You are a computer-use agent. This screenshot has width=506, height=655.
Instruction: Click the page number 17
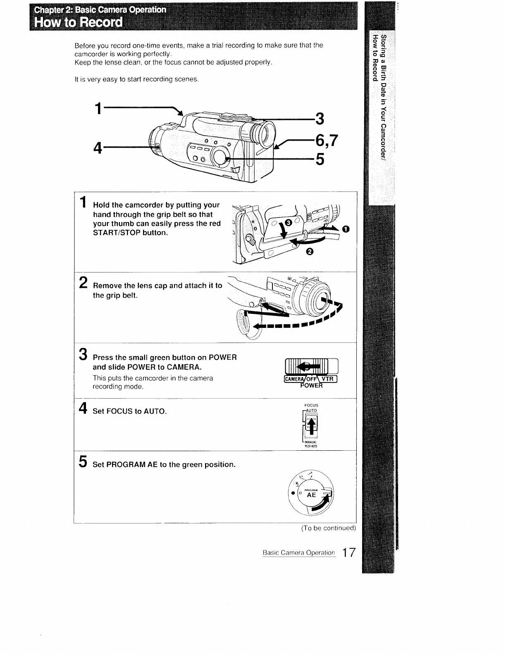(348, 553)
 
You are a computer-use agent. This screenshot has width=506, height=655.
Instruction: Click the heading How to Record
(79, 22)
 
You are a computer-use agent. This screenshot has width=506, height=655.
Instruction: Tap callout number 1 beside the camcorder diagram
(98, 109)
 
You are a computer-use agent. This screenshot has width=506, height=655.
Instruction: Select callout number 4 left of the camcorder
(98, 148)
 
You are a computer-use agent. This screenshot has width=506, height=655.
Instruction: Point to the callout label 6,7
(327, 141)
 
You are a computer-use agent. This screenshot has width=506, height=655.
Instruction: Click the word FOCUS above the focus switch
(311, 405)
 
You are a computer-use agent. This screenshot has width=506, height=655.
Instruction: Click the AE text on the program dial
(312, 495)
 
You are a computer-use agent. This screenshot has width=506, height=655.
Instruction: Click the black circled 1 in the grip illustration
(345, 229)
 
